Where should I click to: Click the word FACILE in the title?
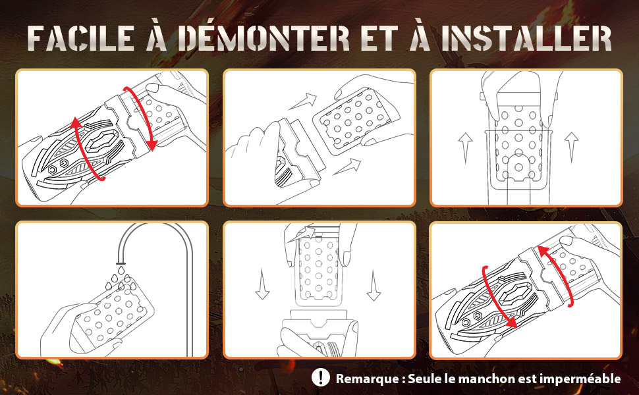coord(82,39)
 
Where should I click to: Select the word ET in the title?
coord(379,39)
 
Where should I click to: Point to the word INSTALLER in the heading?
coord(526,39)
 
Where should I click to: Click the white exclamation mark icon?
coord(321,377)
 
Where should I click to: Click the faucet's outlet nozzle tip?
coord(121,262)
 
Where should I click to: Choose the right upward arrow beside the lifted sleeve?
coord(571,147)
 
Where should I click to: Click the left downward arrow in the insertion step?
coord(262,284)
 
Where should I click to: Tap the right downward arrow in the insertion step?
coord(374,286)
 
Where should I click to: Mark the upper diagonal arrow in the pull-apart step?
coord(302,101)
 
